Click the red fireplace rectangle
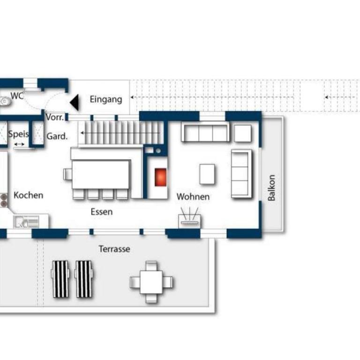click(160, 177)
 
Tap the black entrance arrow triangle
click(75, 102)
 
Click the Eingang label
click(106, 100)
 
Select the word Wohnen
click(193, 197)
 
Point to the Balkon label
click(271, 188)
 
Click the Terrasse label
click(114, 249)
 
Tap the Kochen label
click(29, 195)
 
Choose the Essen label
click(101, 212)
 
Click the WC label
click(17, 96)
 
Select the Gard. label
click(57, 136)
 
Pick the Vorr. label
click(55, 117)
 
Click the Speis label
click(18, 134)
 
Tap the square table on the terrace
click(151, 282)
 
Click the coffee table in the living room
click(207, 174)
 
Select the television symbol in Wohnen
click(190, 217)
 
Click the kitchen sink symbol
click(26, 222)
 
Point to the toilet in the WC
click(5, 101)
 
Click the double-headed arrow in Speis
click(19, 144)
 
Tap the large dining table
click(101, 175)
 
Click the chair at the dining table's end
click(67, 174)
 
